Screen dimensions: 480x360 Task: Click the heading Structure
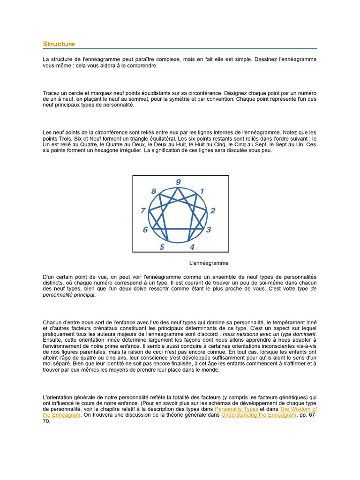click(x=59, y=44)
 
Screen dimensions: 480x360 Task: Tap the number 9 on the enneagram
click(x=178, y=182)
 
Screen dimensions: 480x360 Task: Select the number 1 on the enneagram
click(x=202, y=191)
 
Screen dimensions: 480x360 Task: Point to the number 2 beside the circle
click(x=212, y=210)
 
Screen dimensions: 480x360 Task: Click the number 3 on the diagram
click(x=208, y=230)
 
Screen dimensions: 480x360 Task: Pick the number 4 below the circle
click(x=192, y=247)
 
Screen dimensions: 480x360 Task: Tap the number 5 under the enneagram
click(x=162, y=247)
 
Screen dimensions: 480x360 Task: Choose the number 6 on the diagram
click(x=145, y=230)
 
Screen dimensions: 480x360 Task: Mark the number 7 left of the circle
click(x=143, y=210)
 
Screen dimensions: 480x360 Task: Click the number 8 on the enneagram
click(x=154, y=191)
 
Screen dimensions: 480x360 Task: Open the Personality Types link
click(x=239, y=409)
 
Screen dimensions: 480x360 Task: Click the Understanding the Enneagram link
click(x=259, y=415)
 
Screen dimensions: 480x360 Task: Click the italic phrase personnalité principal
click(x=68, y=295)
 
